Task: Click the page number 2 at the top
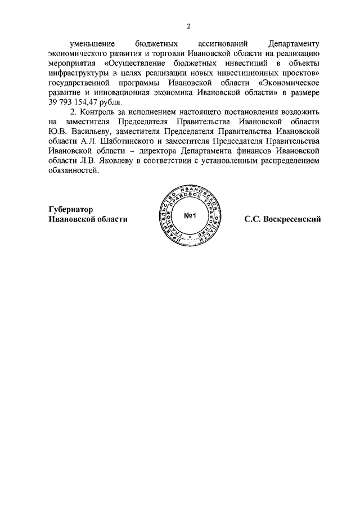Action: click(x=189, y=26)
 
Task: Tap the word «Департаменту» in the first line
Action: click(x=294, y=44)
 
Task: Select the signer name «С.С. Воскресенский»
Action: click(x=282, y=219)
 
